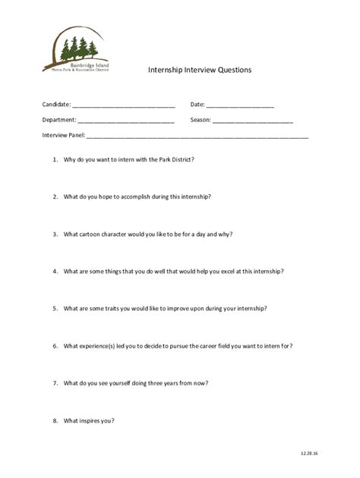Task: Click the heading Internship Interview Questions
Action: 199,70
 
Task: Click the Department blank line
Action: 126,121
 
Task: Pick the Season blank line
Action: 252,121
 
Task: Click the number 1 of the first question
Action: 55,160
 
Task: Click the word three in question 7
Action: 164,383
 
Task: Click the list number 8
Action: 55,420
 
